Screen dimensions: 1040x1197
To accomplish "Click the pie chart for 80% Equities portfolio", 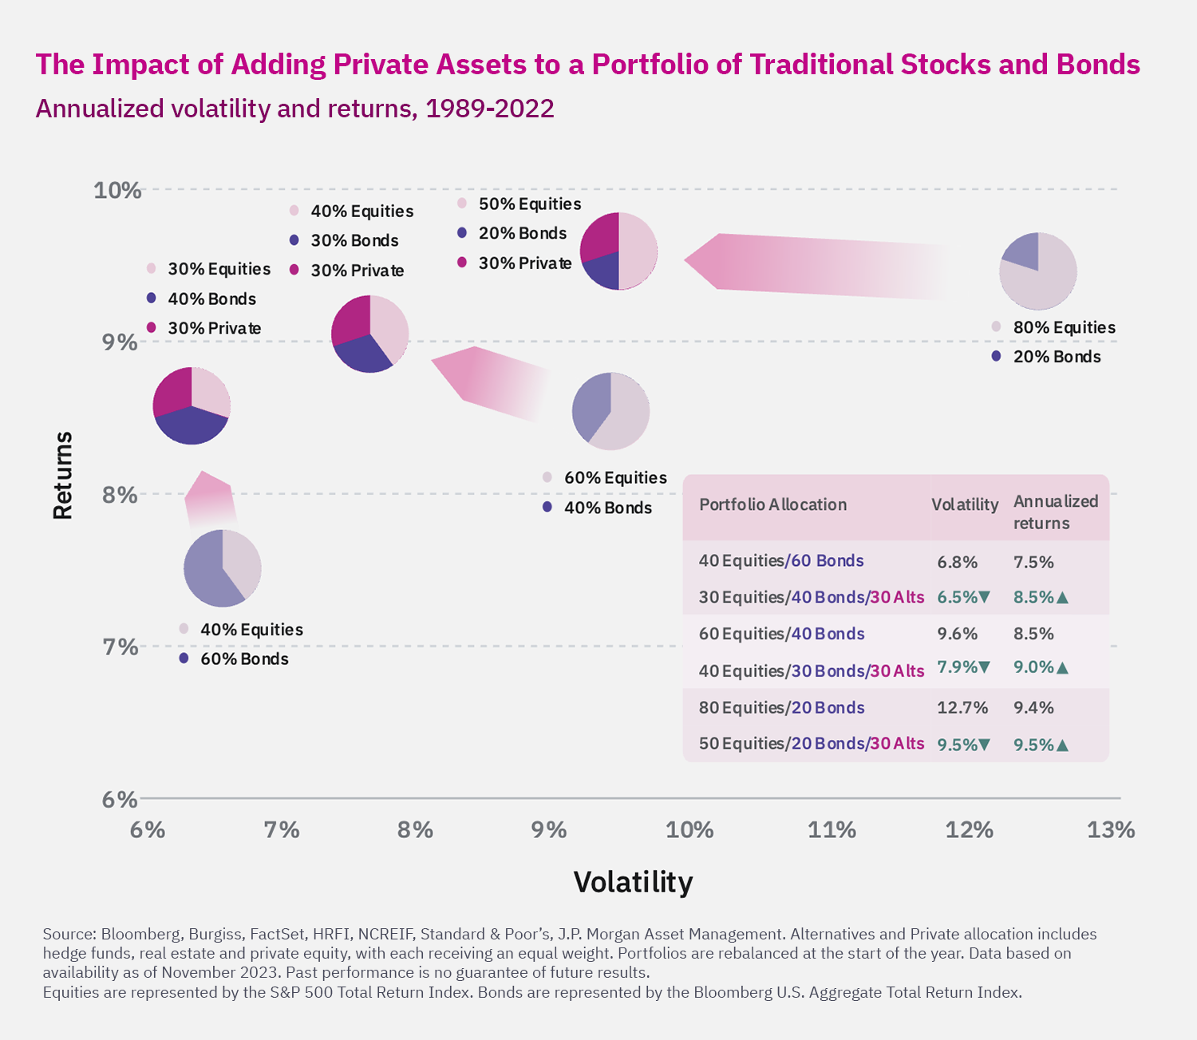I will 1038,271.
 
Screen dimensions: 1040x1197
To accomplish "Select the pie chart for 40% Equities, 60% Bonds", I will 223,568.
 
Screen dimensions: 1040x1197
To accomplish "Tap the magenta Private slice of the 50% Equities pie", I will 599,235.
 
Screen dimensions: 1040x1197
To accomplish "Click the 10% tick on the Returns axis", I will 117,191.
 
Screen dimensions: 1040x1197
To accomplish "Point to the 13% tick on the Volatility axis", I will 1111,830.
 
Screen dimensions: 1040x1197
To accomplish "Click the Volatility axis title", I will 633,882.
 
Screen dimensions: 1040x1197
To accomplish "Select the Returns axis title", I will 63,476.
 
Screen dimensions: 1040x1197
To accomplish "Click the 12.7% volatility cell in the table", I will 962,708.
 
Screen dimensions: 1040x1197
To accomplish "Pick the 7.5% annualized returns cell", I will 1033,562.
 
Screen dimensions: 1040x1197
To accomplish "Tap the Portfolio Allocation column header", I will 772,504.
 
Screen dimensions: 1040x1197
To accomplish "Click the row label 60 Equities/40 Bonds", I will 781,634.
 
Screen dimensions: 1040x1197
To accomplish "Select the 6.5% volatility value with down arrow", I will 963,597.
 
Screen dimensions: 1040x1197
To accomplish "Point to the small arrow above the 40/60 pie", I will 209,499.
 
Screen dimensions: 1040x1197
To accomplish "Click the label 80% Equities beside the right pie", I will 1064,327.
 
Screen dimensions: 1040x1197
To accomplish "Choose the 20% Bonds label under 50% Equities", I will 522,233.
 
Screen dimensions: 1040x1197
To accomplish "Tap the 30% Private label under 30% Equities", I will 214,328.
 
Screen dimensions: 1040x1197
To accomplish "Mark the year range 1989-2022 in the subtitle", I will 489,109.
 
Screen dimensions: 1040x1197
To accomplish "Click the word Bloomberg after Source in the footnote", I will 140,934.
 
